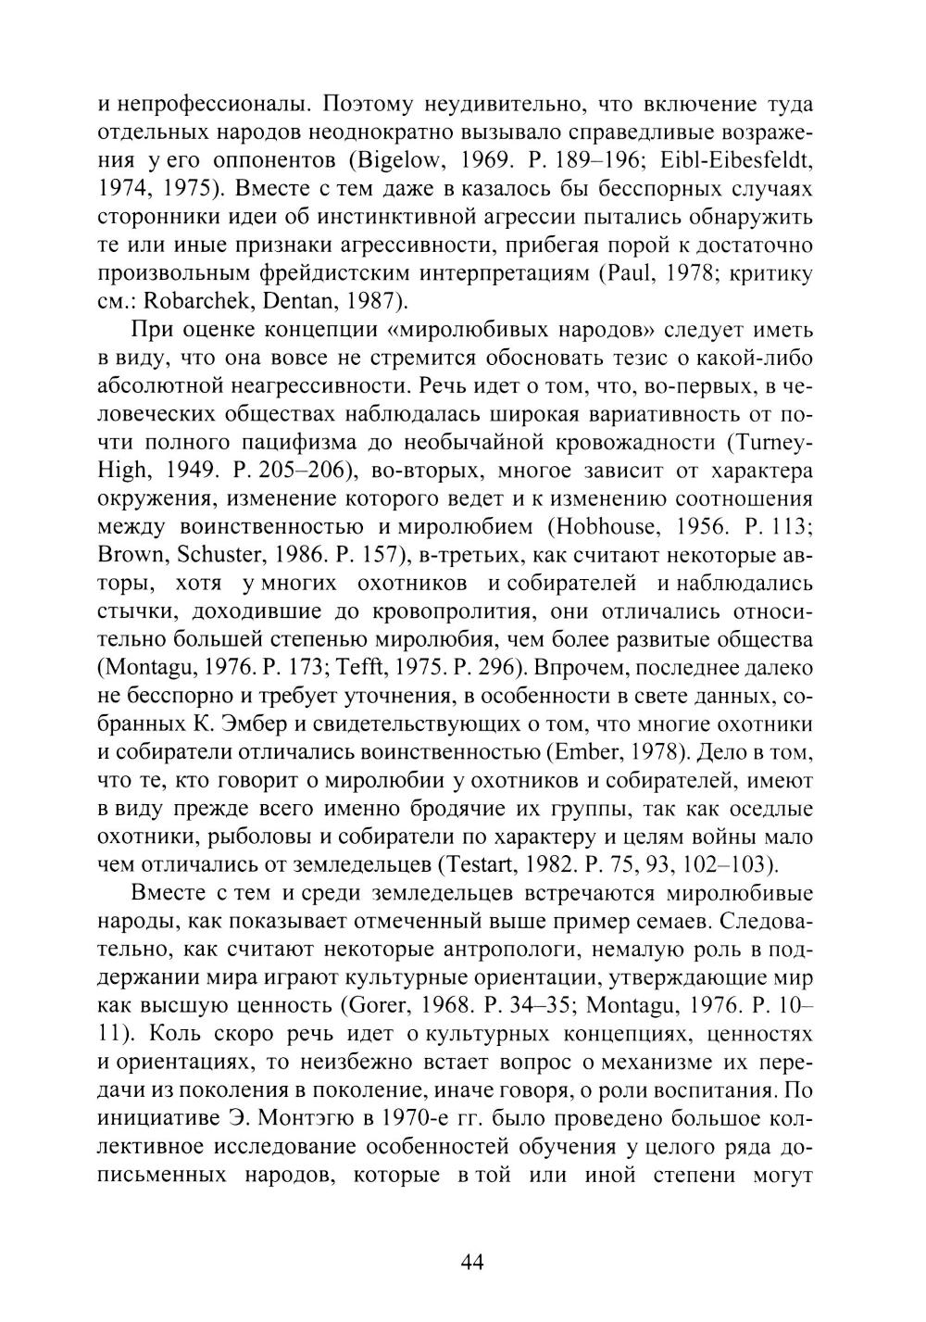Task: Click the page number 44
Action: click(x=471, y=1262)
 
